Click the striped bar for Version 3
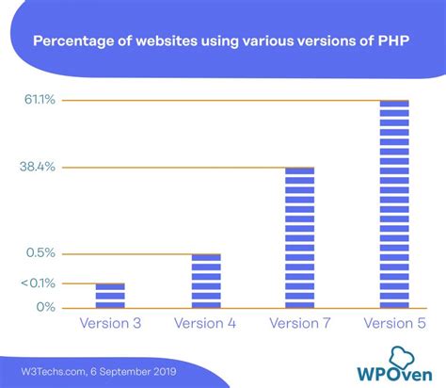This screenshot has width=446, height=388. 110,296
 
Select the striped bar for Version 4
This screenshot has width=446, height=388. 206,281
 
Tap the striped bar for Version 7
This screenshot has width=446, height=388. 299,237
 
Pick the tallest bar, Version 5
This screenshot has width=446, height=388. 394,203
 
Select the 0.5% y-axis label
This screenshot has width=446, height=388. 41,253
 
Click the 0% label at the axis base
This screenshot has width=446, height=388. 46,307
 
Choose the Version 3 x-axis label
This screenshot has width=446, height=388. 110,324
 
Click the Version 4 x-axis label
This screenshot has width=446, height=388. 206,324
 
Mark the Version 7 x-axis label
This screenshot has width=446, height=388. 299,324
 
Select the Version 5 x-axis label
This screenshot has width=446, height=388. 394,324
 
